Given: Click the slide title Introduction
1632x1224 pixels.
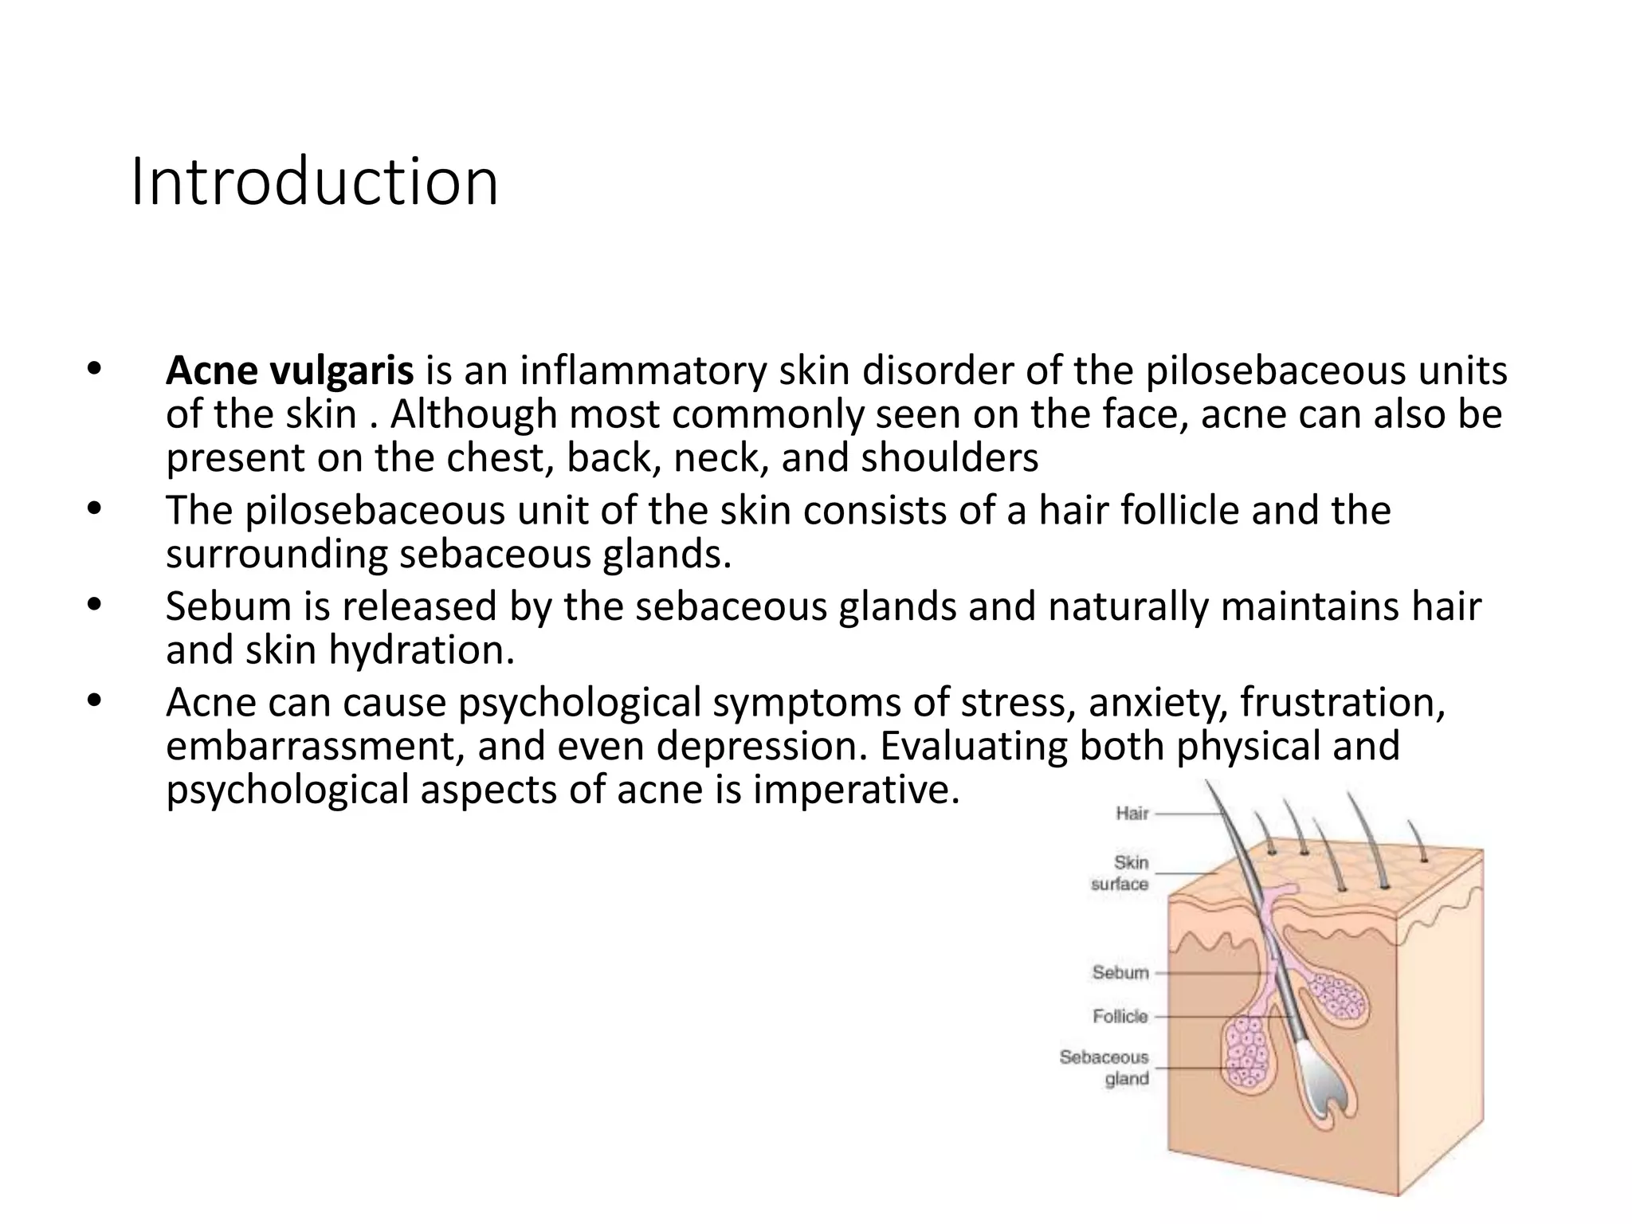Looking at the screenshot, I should coord(314,183).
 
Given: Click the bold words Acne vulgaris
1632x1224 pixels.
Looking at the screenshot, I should coord(289,371).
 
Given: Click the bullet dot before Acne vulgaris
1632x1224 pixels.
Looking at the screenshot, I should coord(95,369).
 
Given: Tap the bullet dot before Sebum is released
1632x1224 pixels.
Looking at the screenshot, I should coord(95,604).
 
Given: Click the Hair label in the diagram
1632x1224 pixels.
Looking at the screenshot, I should coord(1132,814).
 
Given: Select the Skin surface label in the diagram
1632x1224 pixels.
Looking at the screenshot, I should coord(1120,873).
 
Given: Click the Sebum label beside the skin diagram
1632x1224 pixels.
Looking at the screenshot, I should coord(1120,973).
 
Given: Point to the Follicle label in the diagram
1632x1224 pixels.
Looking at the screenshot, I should coord(1120,1017).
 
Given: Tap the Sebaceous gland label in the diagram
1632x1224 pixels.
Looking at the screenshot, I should coord(1105,1068).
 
